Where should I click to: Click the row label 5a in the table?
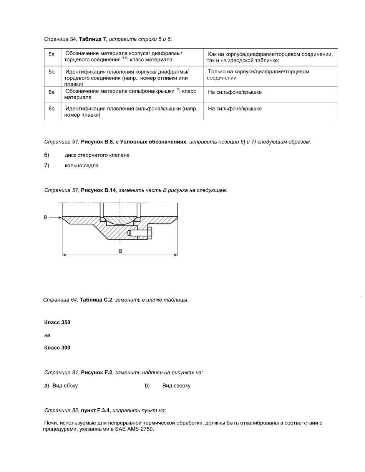(51, 54)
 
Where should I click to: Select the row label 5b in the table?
(51, 72)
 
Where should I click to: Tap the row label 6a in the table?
(51, 92)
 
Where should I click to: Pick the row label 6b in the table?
(51, 109)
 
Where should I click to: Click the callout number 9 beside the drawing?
(45, 218)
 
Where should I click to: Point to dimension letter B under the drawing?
(120, 251)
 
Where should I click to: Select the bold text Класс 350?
(57, 322)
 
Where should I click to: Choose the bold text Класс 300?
(57, 348)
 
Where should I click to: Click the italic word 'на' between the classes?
(47, 335)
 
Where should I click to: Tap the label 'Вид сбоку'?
(65, 386)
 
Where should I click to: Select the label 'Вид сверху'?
(176, 386)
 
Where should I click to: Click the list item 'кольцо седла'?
(81, 166)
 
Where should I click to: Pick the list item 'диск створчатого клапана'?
(97, 155)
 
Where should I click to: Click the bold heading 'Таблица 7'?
(93, 39)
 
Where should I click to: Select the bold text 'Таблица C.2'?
(96, 300)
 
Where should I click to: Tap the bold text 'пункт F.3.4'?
(96, 411)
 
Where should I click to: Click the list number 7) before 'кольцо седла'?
(47, 166)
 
